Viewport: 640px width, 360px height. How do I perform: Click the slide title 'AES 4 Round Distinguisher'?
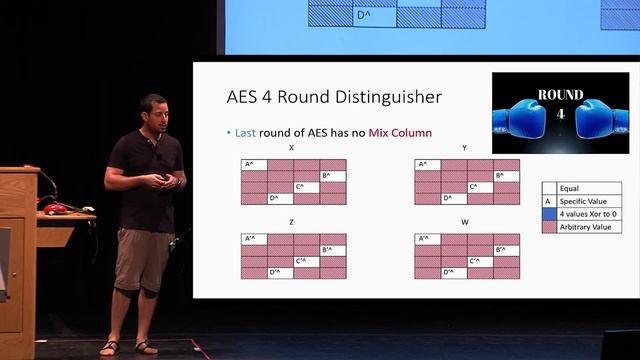pos(335,98)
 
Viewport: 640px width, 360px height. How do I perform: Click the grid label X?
pos(291,148)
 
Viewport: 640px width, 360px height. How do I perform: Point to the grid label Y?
pos(465,148)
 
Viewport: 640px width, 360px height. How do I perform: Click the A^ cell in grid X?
pos(253,165)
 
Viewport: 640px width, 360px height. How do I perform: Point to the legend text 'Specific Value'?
pos(584,200)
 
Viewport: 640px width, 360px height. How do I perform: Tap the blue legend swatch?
pos(548,214)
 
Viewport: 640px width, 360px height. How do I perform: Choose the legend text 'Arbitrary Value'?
pos(587,227)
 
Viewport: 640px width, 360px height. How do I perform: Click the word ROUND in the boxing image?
pos(559,96)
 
